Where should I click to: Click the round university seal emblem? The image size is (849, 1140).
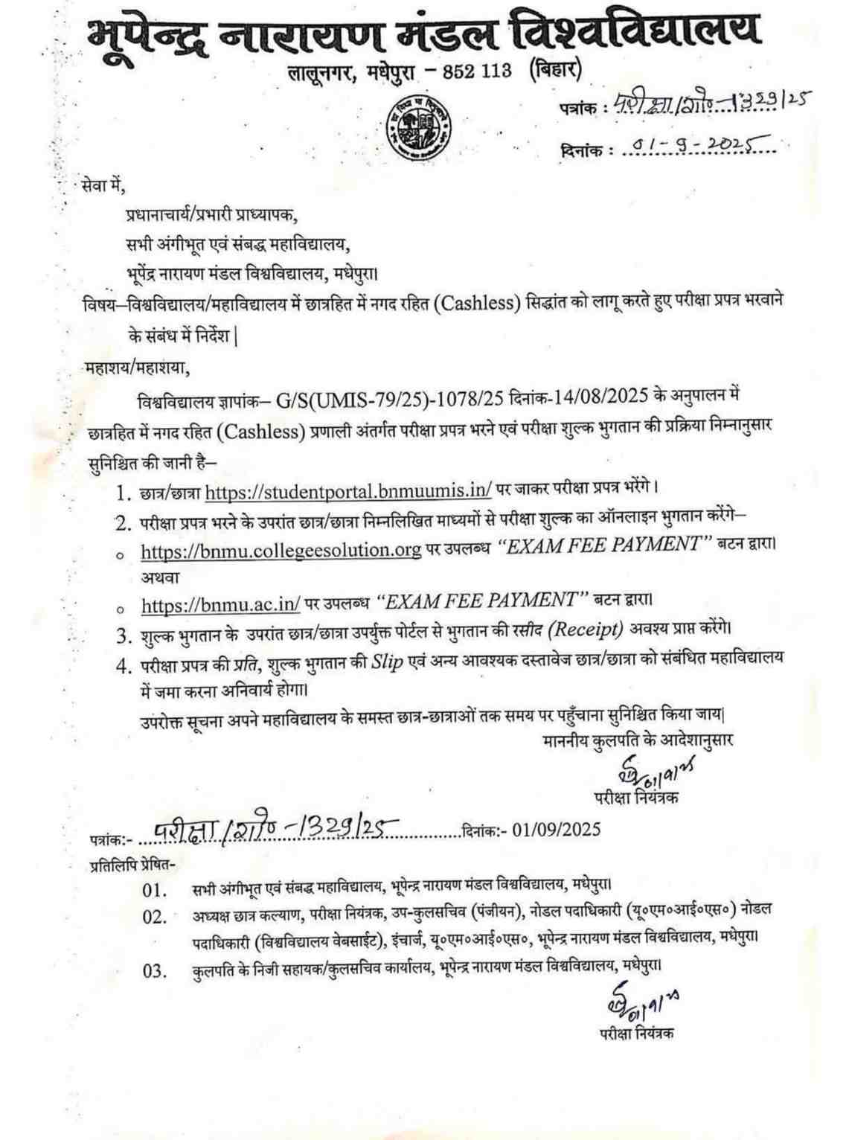[x=419, y=124]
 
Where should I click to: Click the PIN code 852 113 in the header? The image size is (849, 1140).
[x=477, y=71]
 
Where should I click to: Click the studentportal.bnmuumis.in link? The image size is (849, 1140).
[x=348, y=491]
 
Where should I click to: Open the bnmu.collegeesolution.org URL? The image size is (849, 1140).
[x=281, y=550]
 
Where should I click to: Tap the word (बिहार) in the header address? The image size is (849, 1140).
[x=554, y=69]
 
